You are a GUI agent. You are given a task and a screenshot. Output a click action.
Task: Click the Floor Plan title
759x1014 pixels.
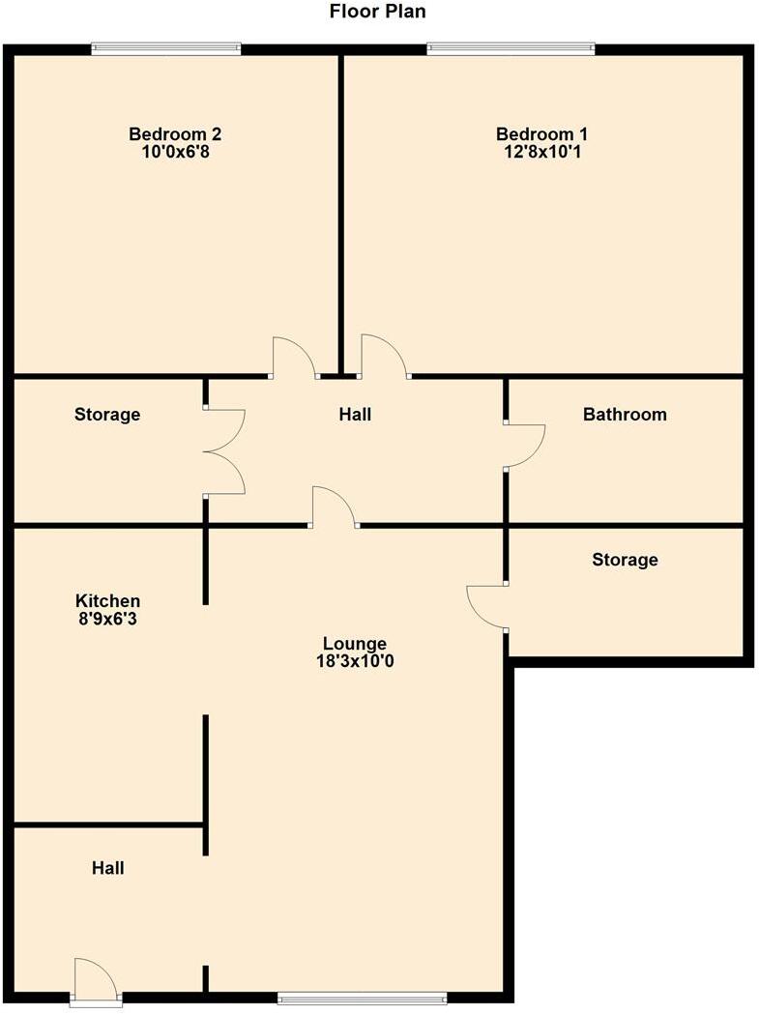tap(377, 13)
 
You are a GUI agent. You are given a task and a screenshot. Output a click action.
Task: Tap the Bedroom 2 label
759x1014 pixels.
tap(169, 134)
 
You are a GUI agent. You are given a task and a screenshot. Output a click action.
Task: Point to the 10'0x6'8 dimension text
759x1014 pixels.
tap(169, 151)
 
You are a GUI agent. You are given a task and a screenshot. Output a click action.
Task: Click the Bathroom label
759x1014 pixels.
tap(625, 415)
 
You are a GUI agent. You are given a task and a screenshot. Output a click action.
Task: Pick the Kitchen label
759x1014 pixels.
tap(107, 601)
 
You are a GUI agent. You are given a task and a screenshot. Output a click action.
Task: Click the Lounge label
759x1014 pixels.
tap(355, 644)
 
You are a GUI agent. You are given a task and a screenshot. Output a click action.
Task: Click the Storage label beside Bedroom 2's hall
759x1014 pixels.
tap(107, 415)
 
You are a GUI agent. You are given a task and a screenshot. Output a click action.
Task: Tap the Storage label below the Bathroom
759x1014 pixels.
tap(625, 560)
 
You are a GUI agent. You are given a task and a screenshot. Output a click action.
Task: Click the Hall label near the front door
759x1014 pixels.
tap(107, 868)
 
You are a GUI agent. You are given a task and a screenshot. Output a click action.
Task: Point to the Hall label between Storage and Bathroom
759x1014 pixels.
tap(355, 415)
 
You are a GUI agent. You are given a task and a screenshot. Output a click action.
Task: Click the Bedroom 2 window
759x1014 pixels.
tap(166, 48)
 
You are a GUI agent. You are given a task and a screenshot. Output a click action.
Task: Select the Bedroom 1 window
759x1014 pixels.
tap(511, 48)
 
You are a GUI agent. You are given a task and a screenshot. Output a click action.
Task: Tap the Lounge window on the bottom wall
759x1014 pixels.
tap(362, 998)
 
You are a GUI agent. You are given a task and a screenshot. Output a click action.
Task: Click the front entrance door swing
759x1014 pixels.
tap(95, 978)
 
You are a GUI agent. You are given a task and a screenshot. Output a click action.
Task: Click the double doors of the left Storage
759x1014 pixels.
tap(224, 451)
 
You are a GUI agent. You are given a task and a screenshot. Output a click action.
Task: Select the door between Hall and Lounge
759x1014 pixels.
tap(334, 507)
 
